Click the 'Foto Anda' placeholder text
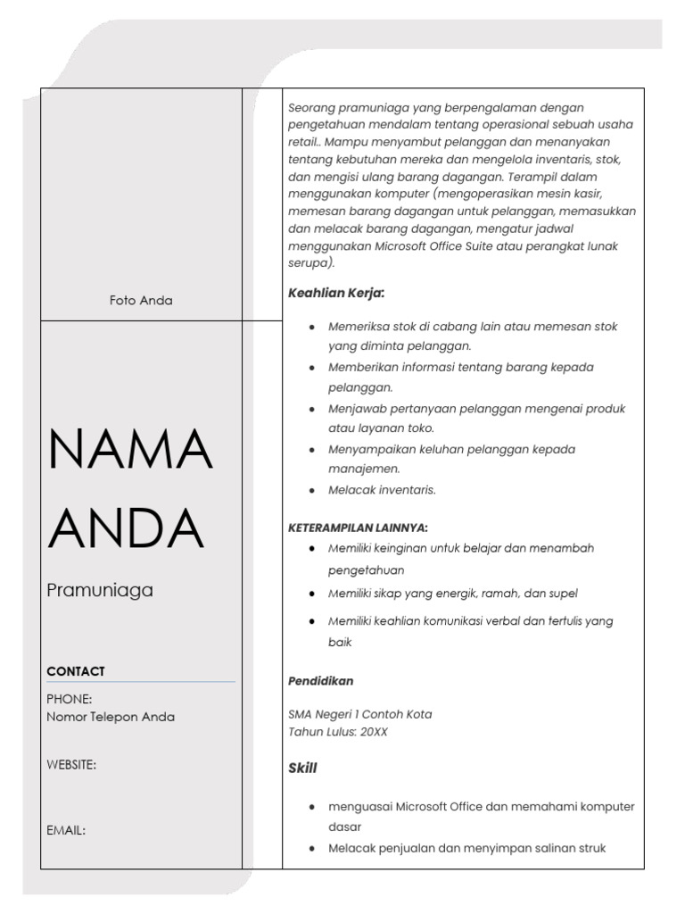[x=141, y=301]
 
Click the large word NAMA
[x=130, y=450]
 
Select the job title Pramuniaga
[x=100, y=590]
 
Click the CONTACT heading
[x=76, y=671]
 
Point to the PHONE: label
[x=70, y=699]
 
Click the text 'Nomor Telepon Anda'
[x=111, y=717]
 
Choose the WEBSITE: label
[x=71, y=764]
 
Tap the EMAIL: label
[x=66, y=830]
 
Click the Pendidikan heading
[x=320, y=681]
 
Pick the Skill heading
[x=302, y=768]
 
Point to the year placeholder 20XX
[x=374, y=732]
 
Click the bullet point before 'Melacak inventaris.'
[x=310, y=490]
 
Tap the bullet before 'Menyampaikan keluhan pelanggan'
[x=310, y=449]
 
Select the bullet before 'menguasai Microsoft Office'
[x=310, y=807]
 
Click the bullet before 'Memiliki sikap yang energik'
[x=310, y=594]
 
